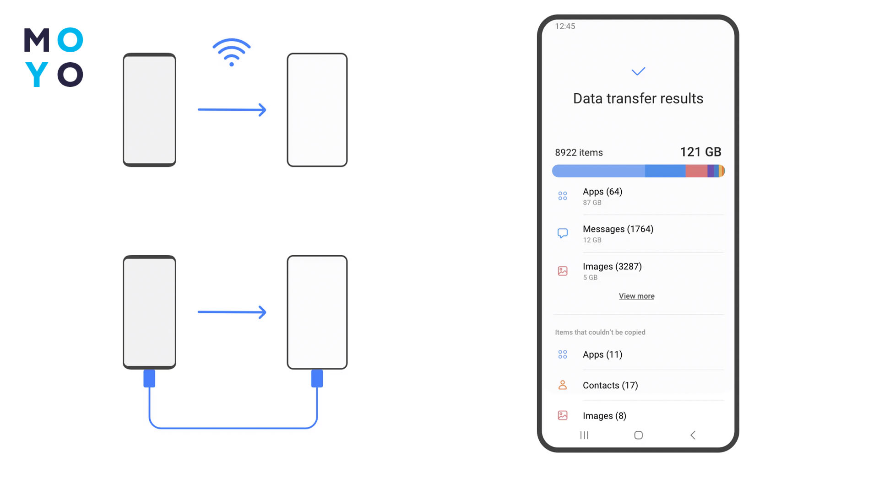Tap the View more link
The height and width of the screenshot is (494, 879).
click(636, 296)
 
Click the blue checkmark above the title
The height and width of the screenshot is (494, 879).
click(638, 71)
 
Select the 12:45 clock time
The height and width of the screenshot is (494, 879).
click(565, 27)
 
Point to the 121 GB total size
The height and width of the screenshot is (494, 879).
click(700, 152)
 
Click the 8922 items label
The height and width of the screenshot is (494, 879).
click(579, 153)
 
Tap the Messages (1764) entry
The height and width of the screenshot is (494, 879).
click(618, 229)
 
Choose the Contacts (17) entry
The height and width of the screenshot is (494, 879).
click(610, 386)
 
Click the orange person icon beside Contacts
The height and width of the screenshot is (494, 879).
click(563, 385)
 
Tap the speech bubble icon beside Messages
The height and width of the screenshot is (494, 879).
click(563, 233)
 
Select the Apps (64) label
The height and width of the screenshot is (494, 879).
click(602, 192)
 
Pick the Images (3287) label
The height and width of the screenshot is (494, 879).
click(612, 267)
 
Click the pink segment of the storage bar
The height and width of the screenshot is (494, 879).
click(696, 171)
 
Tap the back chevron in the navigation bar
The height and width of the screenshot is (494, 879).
click(693, 435)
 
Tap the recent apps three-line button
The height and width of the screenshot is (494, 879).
click(584, 435)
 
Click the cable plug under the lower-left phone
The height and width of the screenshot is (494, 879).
click(149, 378)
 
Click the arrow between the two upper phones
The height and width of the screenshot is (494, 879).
click(232, 110)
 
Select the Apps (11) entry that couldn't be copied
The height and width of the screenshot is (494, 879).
click(602, 354)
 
